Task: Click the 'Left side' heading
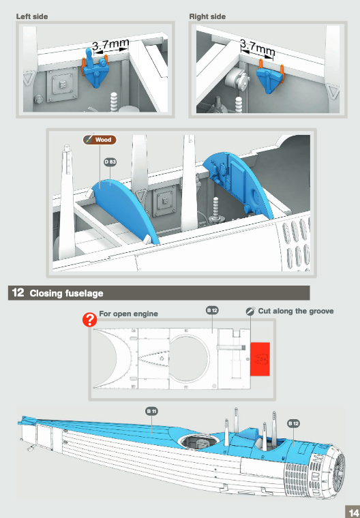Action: pyautogui.click(x=32, y=16)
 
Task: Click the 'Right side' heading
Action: pyautogui.click(x=207, y=16)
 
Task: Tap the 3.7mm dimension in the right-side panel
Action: pyautogui.click(x=257, y=48)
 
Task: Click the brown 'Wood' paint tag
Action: pyautogui.click(x=100, y=140)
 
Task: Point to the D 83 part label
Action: pyautogui.click(x=110, y=162)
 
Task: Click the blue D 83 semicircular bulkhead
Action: pyautogui.click(x=125, y=208)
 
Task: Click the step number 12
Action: pyautogui.click(x=18, y=292)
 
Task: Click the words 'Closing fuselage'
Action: pyautogui.click(x=66, y=293)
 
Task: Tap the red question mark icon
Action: pyautogui.click(x=89, y=320)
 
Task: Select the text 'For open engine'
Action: pyautogui.click(x=128, y=314)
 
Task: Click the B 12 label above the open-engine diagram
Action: pyautogui.click(x=212, y=310)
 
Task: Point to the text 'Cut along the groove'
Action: pyautogui.click(x=296, y=311)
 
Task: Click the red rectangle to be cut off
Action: pyautogui.click(x=260, y=359)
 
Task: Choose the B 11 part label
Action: pyautogui.click(x=152, y=411)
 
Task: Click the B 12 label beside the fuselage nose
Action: pyautogui.click(x=294, y=423)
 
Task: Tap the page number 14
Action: pyautogui.click(x=353, y=513)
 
